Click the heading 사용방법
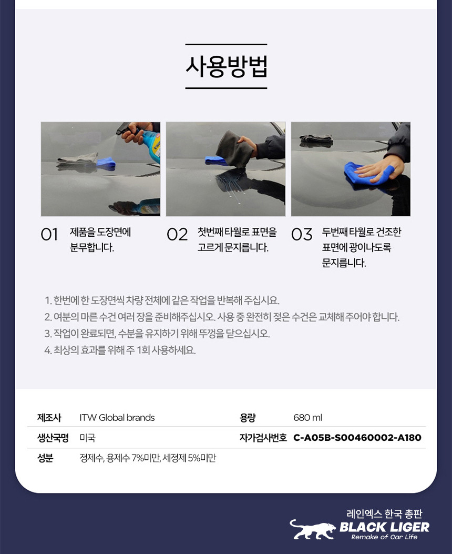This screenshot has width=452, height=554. (226, 66)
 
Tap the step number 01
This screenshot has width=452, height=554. (49, 234)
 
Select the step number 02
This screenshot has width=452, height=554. (177, 234)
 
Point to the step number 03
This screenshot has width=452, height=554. (302, 234)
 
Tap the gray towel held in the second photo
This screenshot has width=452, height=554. (235, 148)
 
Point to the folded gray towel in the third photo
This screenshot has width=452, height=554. (316, 140)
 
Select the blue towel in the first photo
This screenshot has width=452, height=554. (106, 163)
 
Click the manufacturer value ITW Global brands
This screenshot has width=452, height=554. (117, 418)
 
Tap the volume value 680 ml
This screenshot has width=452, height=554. (307, 418)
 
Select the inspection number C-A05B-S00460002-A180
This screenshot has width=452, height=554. (357, 438)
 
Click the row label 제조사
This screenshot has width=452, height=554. (49, 418)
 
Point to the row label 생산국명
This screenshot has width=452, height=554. (53, 438)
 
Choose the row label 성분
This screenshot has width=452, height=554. (45, 458)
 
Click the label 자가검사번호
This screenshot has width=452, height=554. (263, 438)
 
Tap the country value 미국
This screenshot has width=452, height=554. (87, 438)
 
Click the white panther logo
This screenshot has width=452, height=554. (312, 529)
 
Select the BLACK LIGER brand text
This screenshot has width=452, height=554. (384, 527)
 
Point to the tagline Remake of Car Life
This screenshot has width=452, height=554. (384, 537)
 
